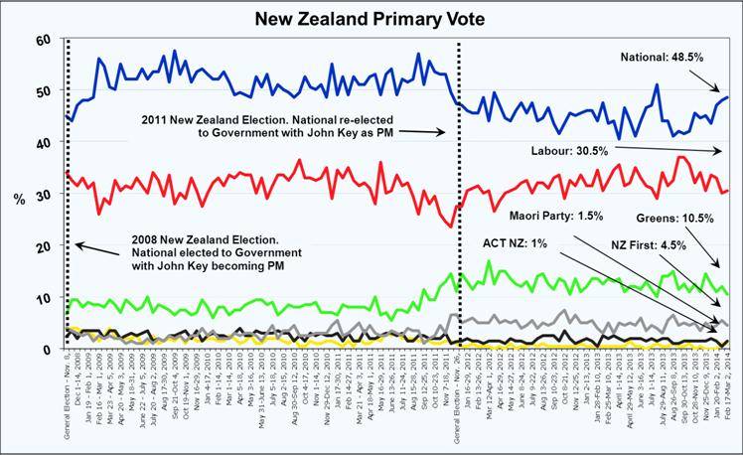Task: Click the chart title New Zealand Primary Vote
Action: point(371,18)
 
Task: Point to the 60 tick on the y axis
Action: point(43,40)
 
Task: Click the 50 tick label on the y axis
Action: point(43,91)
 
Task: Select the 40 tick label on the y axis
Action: point(43,143)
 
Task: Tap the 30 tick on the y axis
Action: point(43,195)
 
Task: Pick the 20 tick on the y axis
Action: point(43,246)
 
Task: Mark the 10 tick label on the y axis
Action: point(43,298)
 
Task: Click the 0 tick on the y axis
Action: point(47,350)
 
